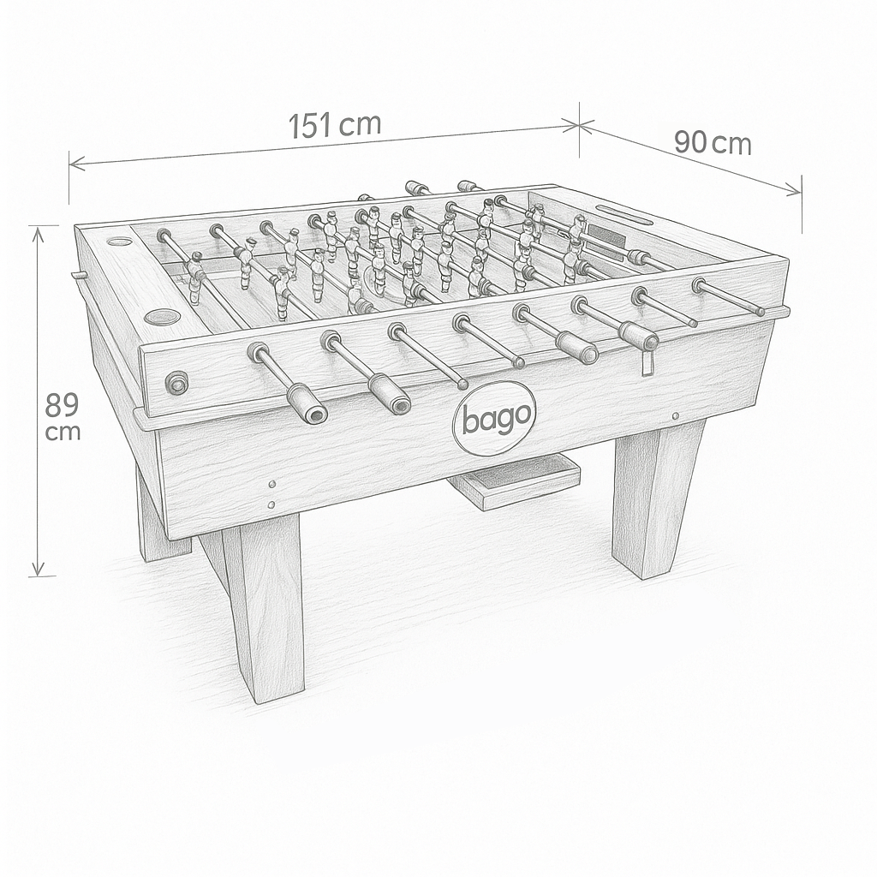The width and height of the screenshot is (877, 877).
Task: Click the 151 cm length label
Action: (x=335, y=125)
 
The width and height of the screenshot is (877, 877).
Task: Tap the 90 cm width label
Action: (x=713, y=143)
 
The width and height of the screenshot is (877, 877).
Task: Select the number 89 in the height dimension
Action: (x=62, y=405)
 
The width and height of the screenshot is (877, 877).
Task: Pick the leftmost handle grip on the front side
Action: (x=307, y=404)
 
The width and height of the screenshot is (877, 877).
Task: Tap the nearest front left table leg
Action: (x=263, y=607)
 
